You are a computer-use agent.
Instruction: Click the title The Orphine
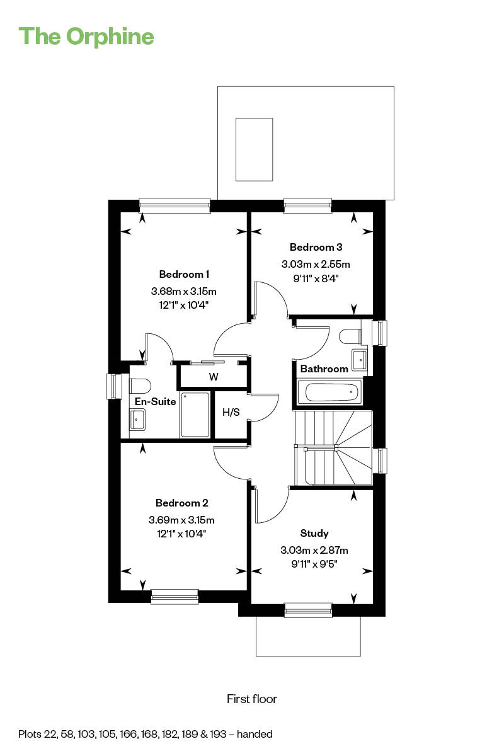point(86,37)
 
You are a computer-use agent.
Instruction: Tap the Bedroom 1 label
point(184,274)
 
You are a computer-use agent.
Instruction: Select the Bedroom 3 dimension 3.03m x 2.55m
point(316,264)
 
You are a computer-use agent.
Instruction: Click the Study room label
point(314,533)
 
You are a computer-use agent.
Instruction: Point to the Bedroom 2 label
point(181,503)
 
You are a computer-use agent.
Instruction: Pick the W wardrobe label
point(214,377)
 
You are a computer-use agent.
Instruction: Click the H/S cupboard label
point(231,412)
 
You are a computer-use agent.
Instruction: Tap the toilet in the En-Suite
point(140,386)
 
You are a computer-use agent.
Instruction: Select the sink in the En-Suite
point(137,420)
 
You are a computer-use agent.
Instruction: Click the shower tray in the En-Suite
point(195,415)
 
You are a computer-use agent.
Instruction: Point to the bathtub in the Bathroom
point(330,392)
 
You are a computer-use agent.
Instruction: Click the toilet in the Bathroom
point(350,336)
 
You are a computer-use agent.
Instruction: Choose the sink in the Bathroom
point(360,360)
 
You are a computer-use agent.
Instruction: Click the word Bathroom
point(324,369)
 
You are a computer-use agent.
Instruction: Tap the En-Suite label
point(155,401)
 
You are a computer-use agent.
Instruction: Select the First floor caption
point(252,699)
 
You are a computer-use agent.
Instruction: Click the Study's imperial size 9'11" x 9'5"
point(314,564)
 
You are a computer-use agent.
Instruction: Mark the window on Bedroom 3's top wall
point(307,205)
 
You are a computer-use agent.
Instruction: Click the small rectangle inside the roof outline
point(254,149)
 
